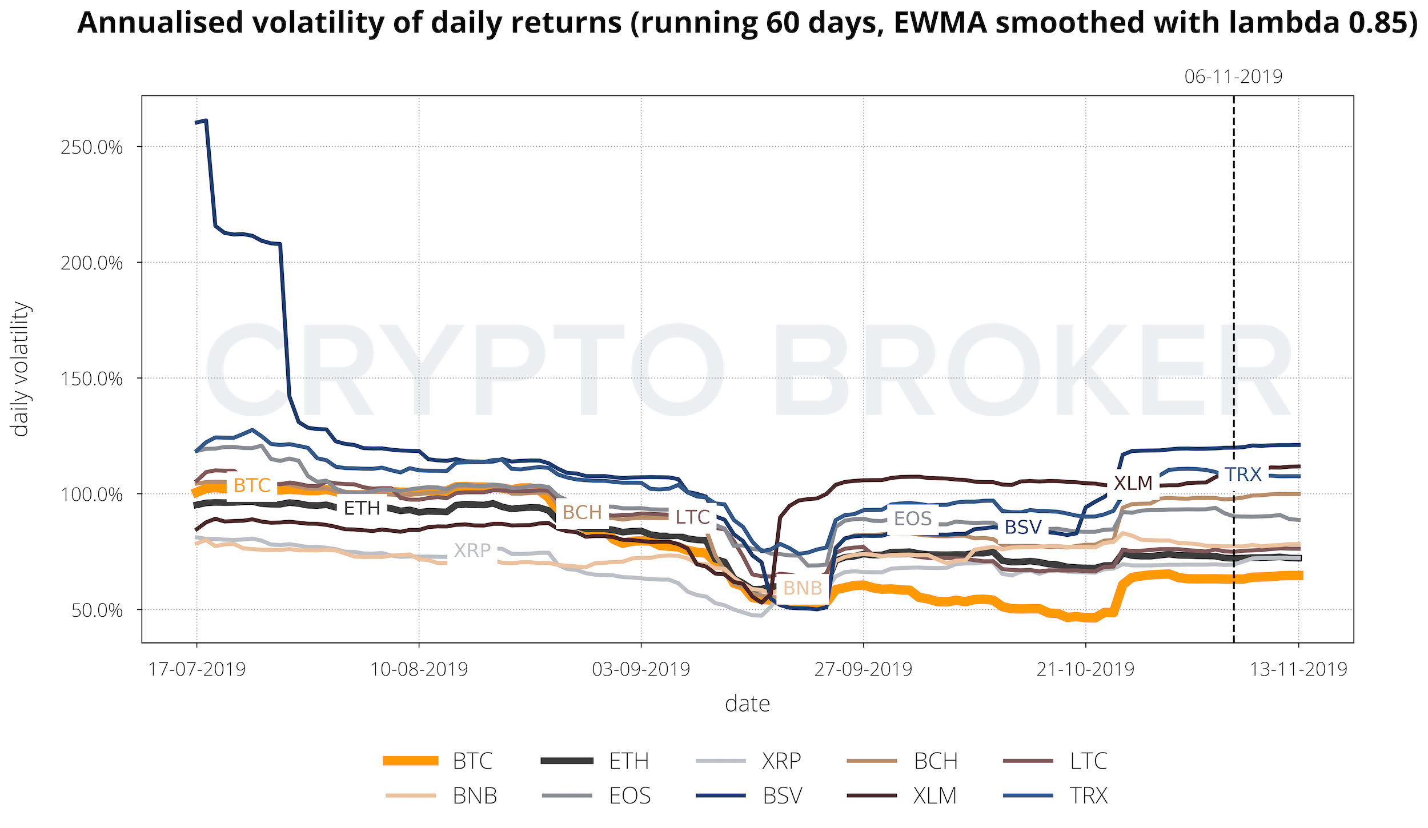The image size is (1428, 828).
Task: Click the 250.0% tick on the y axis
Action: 91,147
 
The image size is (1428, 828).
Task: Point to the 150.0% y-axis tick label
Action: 91,379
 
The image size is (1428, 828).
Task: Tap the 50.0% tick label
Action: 97,610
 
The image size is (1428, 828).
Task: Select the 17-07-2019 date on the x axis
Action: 197,669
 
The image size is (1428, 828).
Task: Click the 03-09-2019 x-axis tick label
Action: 641,669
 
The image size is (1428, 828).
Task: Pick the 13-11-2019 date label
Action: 1298,669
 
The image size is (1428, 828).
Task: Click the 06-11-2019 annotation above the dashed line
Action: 1233,77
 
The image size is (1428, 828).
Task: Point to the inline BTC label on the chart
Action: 252,485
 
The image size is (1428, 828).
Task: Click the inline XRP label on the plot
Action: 472,550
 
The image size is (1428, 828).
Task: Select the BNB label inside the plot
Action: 803,588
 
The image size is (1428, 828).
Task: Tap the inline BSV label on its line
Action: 1023,527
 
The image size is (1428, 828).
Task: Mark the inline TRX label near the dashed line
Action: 1243,475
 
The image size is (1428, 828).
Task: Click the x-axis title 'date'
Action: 747,704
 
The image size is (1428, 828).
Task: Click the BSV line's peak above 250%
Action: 206,120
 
